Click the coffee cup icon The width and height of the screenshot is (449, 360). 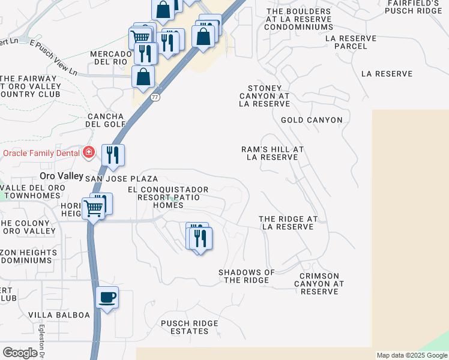click(107, 298)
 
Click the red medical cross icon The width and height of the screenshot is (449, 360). click(89, 153)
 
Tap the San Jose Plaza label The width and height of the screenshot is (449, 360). click(121, 179)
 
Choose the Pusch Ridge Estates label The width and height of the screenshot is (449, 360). click(189, 327)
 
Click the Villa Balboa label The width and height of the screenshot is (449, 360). click(59, 315)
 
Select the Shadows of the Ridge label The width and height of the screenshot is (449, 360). click(246, 276)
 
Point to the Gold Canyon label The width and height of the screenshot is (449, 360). click(312, 120)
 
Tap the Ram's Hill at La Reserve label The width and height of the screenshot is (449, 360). click(273, 153)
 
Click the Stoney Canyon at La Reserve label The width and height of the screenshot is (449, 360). click(264, 95)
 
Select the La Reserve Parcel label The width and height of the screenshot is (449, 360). click(351, 42)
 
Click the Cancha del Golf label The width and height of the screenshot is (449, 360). click(106, 120)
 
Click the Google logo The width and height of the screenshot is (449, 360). click(20, 353)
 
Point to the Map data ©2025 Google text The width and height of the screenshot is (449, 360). click(411, 355)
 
